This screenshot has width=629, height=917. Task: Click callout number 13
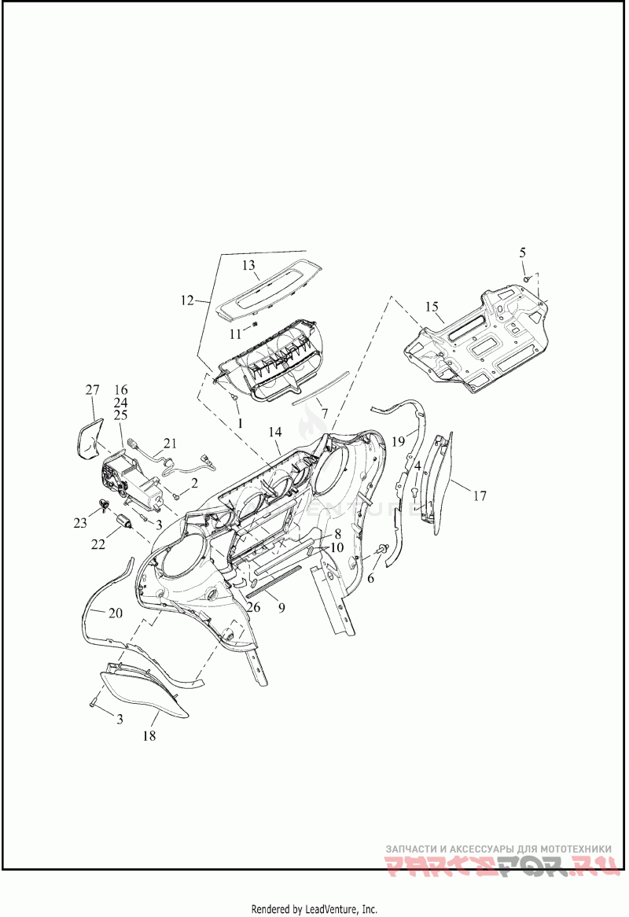pyautogui.click(x=248, y=266)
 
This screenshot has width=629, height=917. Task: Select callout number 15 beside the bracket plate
pyautogui.click(x=431, y=305)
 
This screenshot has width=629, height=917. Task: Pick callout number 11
pyautogui.click(x=235, y=333)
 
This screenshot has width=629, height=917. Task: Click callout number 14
pyautogui.click(x=274, y=432)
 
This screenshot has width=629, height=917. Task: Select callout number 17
pyautogui.click(x=480, y=495)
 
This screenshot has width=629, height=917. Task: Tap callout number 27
pyautogui.click(x=92, y=390)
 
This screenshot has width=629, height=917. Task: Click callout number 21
pyautogui.click(x=171, y=442)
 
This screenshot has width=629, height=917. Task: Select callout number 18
pyautogui.click(x=149, y=736)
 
